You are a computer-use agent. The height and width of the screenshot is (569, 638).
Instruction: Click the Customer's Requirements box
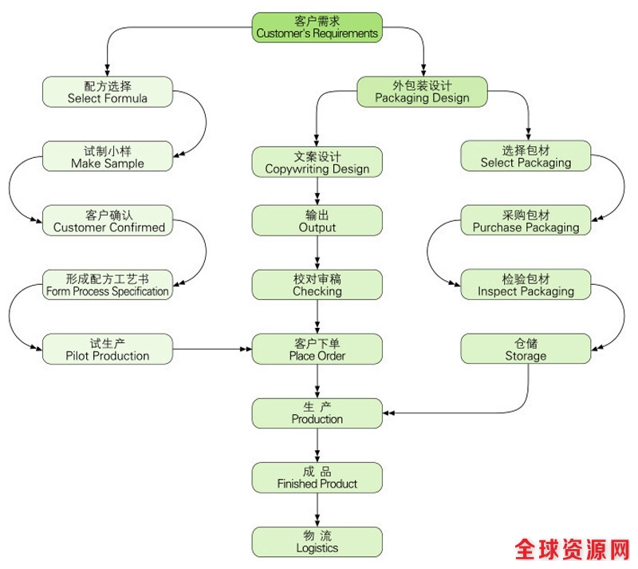coord(317,27)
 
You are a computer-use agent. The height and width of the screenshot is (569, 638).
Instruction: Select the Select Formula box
coord(107,92)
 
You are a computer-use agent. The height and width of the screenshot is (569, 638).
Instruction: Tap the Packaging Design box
coord(421,92)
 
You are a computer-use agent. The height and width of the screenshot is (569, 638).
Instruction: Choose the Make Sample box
coord(107,156)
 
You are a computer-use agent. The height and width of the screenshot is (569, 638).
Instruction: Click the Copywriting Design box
coord(317,162)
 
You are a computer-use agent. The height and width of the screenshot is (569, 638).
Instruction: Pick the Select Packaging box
coord(526,156)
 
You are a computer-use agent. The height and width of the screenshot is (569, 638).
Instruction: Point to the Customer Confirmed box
coord(107,221)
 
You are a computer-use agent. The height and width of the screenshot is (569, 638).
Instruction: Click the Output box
coord(317,221)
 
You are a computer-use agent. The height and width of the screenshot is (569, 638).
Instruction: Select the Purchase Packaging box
coord(526,221)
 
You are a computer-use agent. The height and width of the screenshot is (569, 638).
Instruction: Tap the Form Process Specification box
coord(107,285)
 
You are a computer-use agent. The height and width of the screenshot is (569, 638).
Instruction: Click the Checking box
coord(317,285)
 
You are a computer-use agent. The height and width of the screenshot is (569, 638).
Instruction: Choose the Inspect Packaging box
coord(526,285)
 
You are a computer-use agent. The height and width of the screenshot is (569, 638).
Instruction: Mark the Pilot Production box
coord(107,349)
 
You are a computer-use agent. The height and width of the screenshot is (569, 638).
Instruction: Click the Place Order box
coord(317,349)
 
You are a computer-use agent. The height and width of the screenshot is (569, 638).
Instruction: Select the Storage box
coord(526,349)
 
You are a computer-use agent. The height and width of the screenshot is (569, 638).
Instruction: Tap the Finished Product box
coord(317,477)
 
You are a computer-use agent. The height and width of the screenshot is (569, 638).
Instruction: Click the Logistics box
coord(317,541)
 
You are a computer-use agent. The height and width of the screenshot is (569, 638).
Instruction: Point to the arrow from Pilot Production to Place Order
coord(211,350)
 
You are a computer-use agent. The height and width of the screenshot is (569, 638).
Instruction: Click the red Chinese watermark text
coord(572,550)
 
